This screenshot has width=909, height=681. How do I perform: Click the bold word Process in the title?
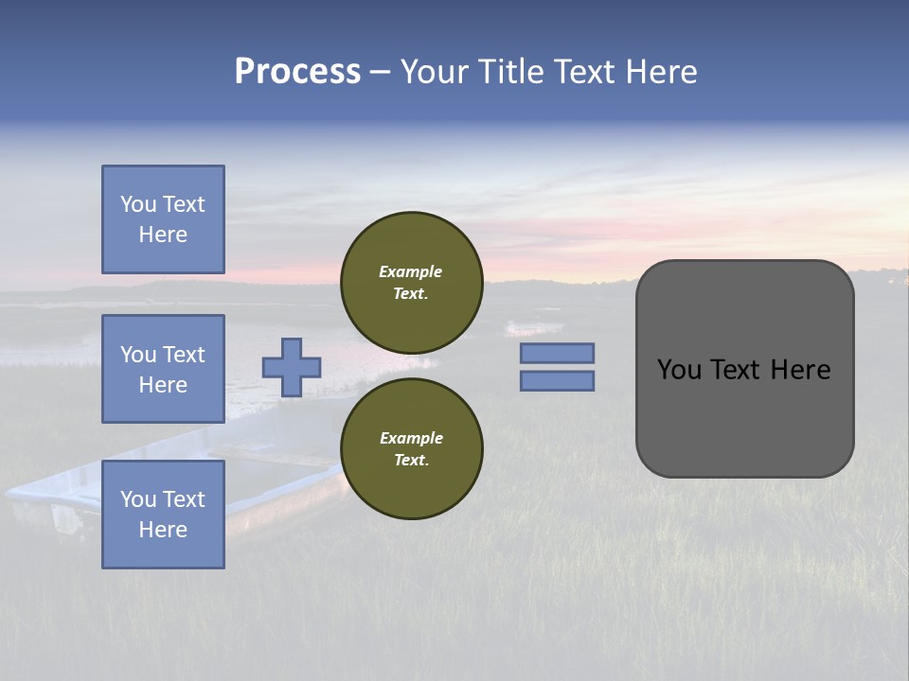coord(297,72)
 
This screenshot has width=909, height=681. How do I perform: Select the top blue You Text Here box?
coord(163,219)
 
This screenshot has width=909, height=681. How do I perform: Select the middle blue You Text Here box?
coord(163,369)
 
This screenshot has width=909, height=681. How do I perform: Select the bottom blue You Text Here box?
coord(163,515)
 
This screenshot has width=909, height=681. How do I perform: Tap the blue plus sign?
coord(292,367)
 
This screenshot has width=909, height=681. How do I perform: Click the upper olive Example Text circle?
coord(412,283)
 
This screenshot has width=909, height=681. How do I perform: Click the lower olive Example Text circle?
coord(412,449)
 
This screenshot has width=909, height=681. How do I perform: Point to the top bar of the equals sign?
coord(557,353)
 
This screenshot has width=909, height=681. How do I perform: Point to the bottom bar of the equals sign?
coord(557,380)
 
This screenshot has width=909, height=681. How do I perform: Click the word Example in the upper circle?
coord(411,271)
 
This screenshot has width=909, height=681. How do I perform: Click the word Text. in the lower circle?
coord(411,461)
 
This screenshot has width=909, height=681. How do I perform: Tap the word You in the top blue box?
coord(138,204)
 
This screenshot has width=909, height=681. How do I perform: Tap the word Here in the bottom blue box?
coord(163,530)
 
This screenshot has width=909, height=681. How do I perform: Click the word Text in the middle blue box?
coord(184,355)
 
